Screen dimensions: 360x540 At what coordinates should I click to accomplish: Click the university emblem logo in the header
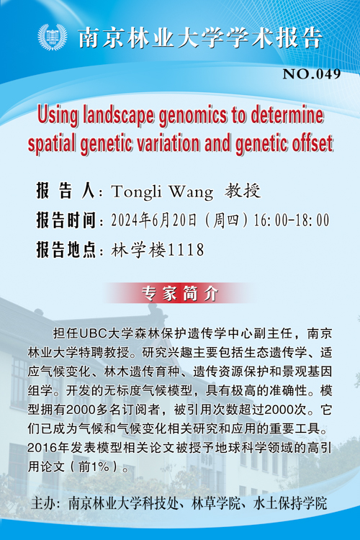(53, 37)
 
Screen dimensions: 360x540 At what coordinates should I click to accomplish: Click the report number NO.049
(312, 74)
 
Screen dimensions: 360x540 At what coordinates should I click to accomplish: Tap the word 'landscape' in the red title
(118, 116)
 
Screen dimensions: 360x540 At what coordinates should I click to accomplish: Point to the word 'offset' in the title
(312, 143)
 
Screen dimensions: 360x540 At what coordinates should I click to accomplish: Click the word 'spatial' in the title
(53, 145)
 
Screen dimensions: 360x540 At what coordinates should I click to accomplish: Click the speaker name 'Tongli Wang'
(162, 192)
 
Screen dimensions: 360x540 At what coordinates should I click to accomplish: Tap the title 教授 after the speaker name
(243, 191)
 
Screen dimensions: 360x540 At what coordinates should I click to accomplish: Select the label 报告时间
(66, 220)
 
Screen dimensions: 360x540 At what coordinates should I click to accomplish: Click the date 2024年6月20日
(154, 220)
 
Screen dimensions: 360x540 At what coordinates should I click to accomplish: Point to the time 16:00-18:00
(291, 220)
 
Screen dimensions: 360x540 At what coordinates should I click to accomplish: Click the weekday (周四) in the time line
(226, 220)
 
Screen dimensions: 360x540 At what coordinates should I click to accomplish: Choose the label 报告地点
(66, 250)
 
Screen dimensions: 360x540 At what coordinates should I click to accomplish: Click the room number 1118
(185, 250)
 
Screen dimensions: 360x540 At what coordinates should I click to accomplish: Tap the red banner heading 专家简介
(180, 294)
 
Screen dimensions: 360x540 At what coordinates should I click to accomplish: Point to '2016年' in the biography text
(48, 448)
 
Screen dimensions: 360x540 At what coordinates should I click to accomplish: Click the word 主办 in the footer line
(43, 503)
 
